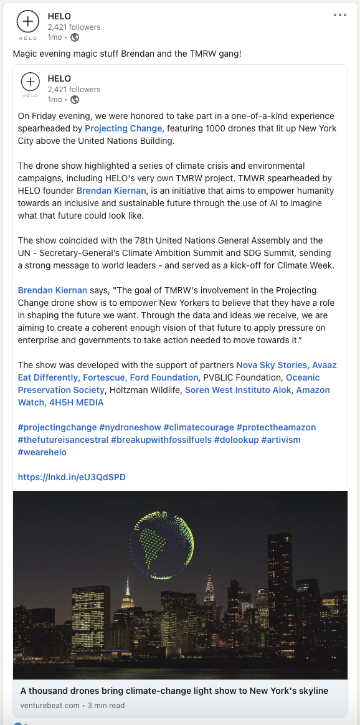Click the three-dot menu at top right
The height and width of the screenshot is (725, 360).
[x=339, y=15]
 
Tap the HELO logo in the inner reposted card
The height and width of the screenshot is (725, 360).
[x=30, y=82]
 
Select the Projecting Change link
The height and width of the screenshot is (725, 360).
[x=123, y=128]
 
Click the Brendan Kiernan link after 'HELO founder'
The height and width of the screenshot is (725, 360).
[x=111, y=191]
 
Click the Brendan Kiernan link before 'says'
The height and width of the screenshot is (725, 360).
[x=52, y=290]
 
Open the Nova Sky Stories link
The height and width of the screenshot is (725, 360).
[x=272, y=365]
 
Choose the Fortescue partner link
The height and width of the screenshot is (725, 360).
[x=103, y=377]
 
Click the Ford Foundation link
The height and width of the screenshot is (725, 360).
[x=164, y=377]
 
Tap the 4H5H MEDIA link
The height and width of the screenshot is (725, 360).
[x=76, y=402]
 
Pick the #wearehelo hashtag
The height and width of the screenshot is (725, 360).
[x=42, y=452]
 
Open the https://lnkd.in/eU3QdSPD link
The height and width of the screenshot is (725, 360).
[x=72, y=477]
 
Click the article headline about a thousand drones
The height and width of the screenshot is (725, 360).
[x=174, y=691]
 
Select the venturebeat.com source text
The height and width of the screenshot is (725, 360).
[x=50, y=705]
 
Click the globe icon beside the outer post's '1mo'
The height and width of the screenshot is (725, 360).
[x=75, y=37]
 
